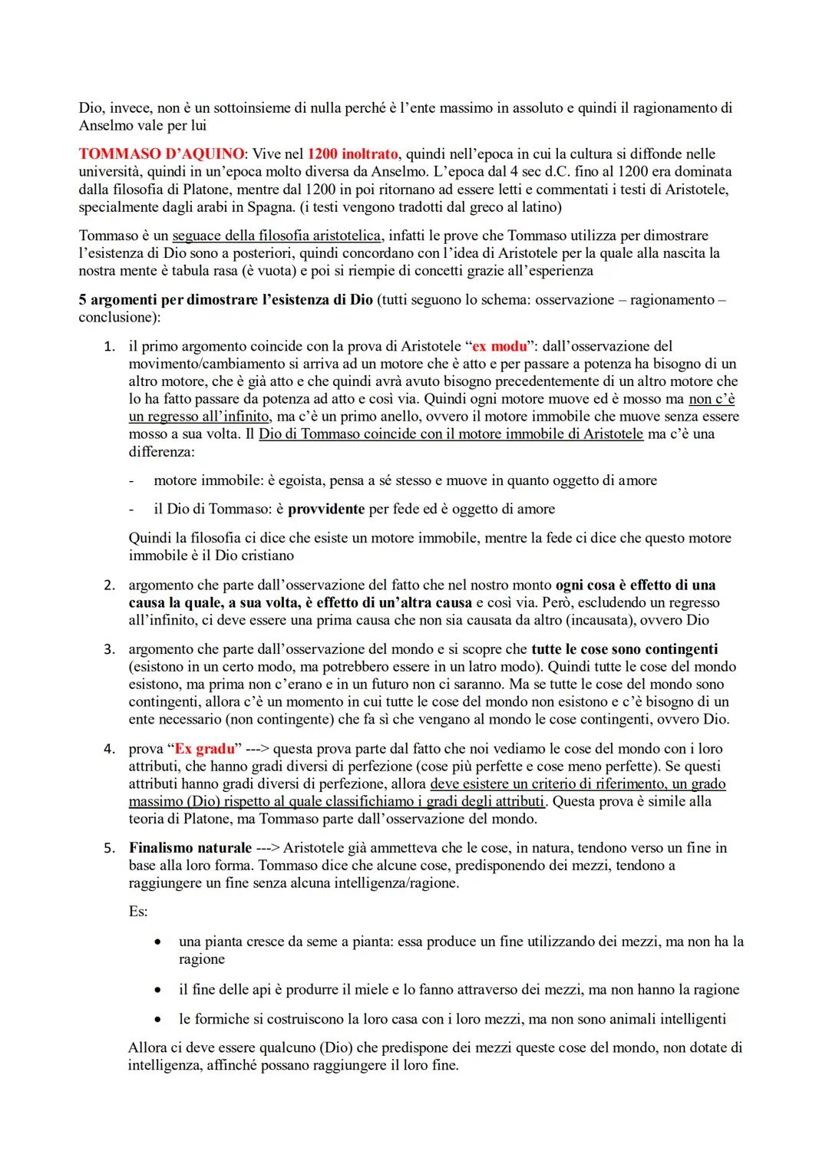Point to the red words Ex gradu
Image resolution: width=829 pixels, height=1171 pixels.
coord(203,749)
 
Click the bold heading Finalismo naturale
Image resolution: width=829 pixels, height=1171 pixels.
coord(190,848)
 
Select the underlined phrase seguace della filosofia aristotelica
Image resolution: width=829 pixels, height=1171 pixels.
coord(276,236)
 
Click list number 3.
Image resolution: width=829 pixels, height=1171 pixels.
coord(111,649)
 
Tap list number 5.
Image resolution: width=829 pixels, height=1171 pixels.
coord(111,848)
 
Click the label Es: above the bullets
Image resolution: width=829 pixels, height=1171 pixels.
coord(138,912)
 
